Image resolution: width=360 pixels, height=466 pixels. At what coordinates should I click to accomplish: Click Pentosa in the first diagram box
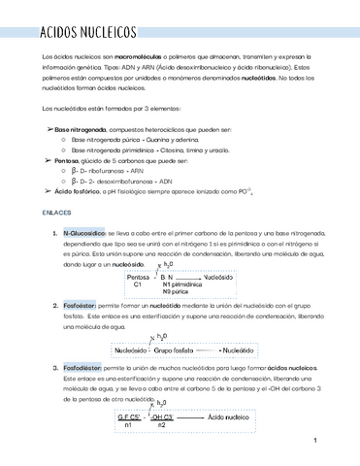pos(138,277)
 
